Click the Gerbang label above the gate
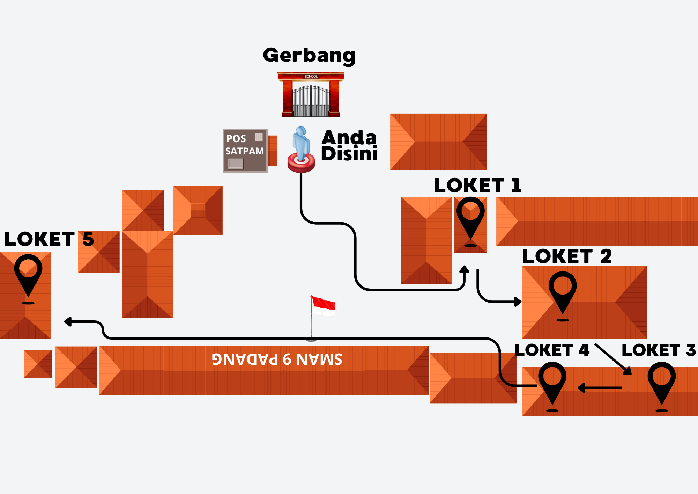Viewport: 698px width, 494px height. click(x=309, y=56)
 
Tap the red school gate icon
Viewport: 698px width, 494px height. click(x=311, y=94)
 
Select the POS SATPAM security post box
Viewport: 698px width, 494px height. click(x=246, y=151)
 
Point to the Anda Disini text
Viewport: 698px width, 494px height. click(x=349, y=146)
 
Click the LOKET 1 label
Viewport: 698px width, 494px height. click(x=477, y=185)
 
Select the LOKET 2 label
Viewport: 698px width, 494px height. click(x=567, y=256)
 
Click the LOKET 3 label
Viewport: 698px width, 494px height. click(x=659, y=350)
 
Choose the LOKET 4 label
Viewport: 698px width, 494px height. click(x=552, y=350)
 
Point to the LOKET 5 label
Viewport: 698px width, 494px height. click(x=49, y=239)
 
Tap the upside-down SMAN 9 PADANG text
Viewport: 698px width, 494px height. click(x=277, y=359)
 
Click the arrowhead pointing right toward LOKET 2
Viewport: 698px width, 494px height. click(x=518, y=302)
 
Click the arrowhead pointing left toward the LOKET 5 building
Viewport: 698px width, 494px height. click(x=68, y=322)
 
